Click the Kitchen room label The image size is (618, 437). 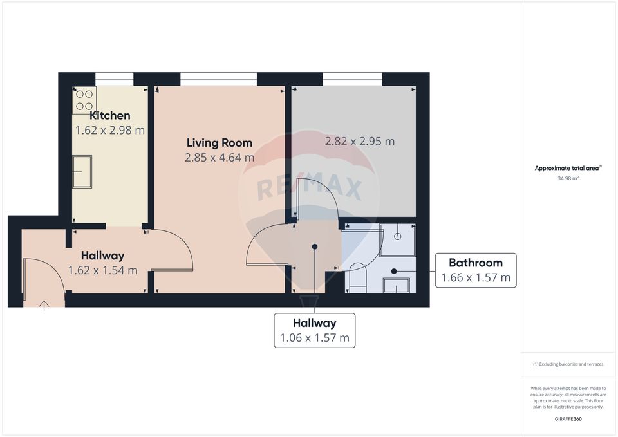(x=109, y=116)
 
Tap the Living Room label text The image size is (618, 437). (x=219, y=143)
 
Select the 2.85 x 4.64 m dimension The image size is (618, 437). (x=219, y=158)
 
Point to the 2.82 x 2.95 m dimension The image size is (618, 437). (x=359, y=142)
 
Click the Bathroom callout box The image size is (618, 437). (x=475, y=270)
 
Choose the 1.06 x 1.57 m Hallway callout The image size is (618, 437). (x=314, y=330)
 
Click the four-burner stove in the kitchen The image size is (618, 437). (x=84, y=100)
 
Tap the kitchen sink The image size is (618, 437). (x=81, y=172)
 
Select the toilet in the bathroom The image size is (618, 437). (x=357, y=277)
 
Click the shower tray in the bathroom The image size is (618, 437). (x=397, y=236)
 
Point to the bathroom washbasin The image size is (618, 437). (x=396, y=285)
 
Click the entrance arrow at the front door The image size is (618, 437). (x=44, y=304)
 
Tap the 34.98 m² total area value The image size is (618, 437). (x=568, y=178)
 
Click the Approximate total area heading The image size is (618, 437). (x=568, y=168)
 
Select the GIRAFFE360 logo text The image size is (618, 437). (x=568, y=419)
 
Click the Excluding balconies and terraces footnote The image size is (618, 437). (x=568, y=364)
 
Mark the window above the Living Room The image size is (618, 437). (x=218, y=79)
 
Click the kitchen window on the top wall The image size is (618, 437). (x=114, y=79)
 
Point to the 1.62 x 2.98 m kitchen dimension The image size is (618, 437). (x=109, y=130)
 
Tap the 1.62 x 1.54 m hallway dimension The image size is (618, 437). (x=103, y=270)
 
